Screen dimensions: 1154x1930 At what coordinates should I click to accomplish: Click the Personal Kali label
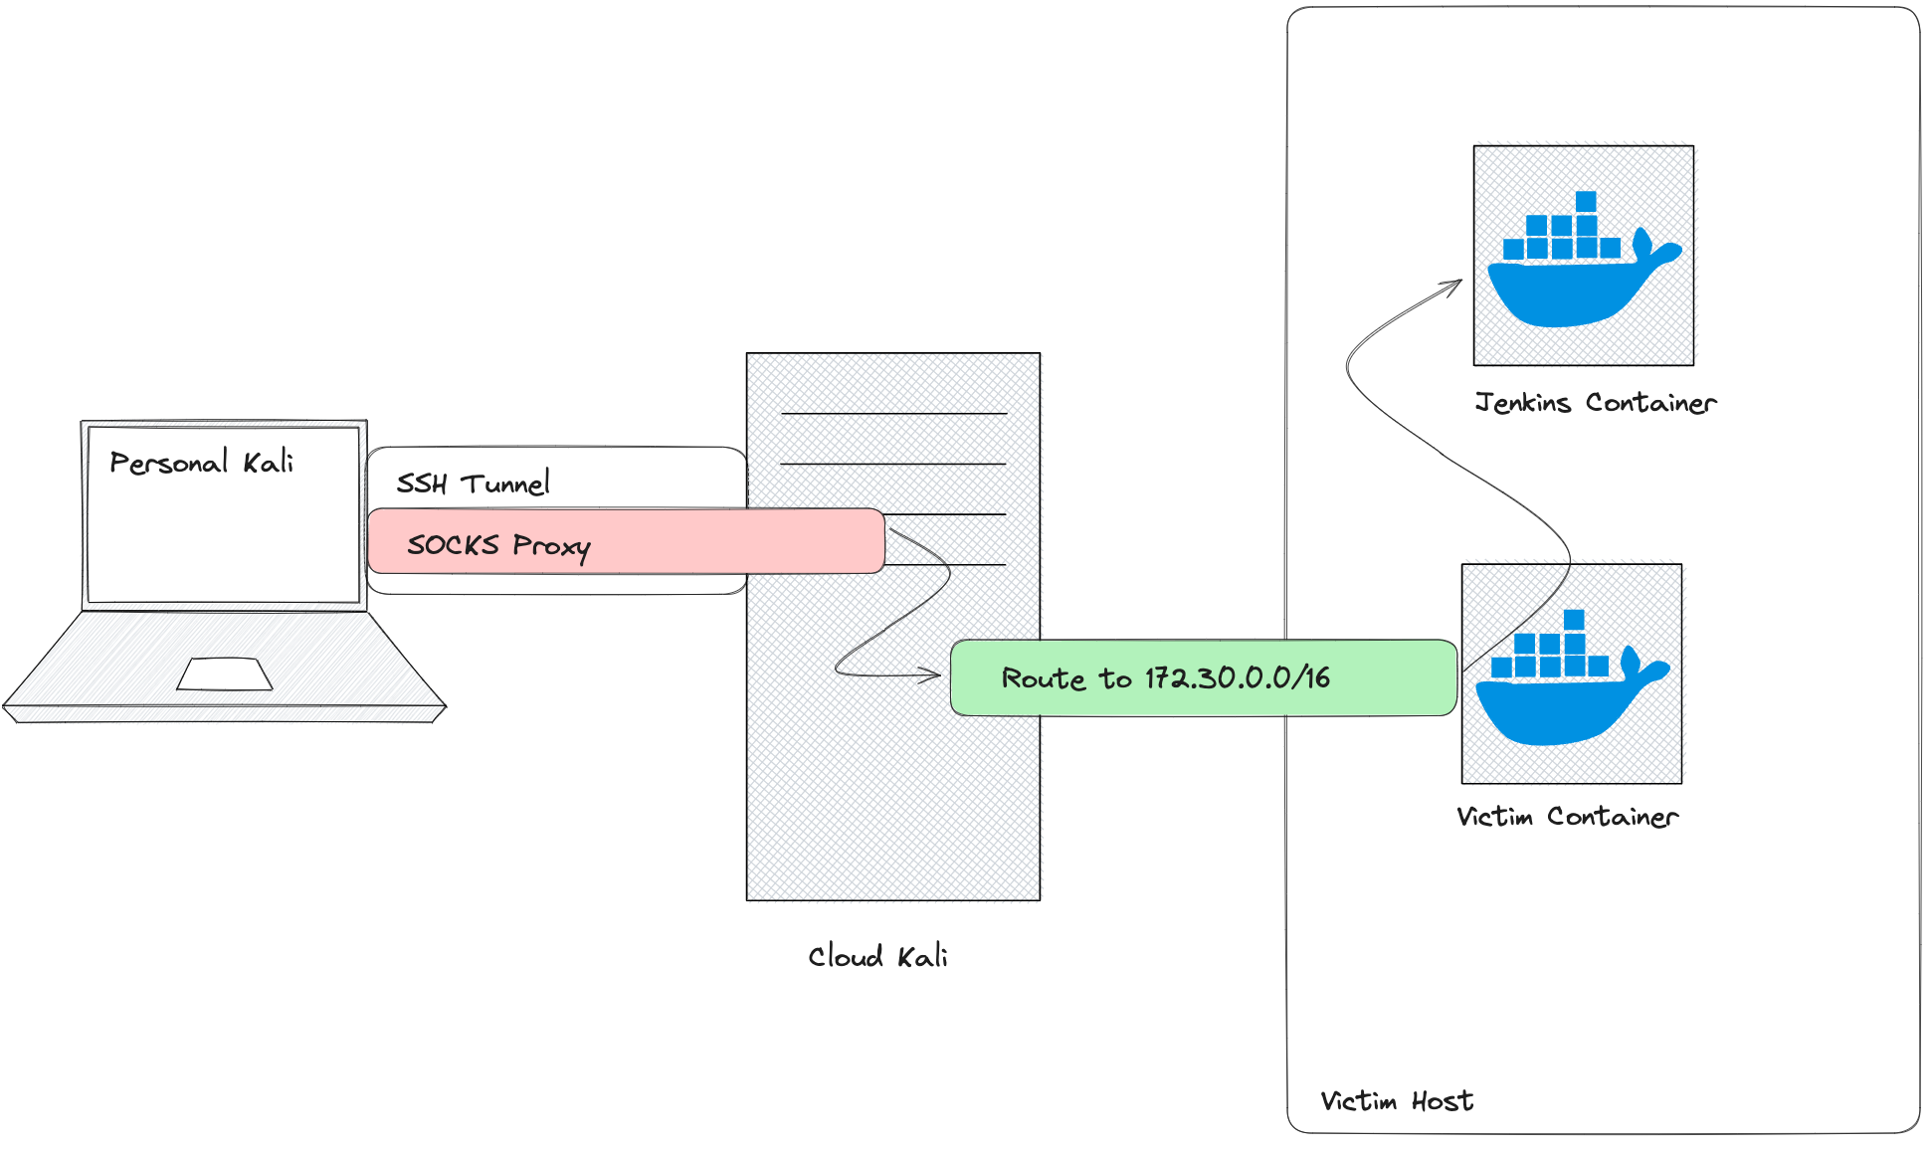[201, 463]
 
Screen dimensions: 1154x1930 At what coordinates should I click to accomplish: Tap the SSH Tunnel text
[473, 483]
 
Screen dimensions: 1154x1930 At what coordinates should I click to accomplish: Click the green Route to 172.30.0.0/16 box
[1204, 677]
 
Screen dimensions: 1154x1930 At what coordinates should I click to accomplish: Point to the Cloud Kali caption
[876, 956]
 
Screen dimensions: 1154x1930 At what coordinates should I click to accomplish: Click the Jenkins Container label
[1596, 403]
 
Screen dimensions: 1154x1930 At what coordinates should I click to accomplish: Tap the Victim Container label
[1567, 817]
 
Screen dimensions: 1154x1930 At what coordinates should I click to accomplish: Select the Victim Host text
[1397, 1101]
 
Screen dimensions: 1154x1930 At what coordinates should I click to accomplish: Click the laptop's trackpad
[225, 673]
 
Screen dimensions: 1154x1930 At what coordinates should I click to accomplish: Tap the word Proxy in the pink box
[551, 545]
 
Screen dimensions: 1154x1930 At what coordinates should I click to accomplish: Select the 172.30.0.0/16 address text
[1237, 677]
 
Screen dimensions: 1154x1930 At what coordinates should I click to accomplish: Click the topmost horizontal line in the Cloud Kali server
[893, 413]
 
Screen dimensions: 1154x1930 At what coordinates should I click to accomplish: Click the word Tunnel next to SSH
[505, 483]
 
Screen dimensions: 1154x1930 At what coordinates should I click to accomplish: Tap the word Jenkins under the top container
[1523, 403]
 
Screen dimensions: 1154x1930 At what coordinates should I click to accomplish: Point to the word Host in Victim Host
[1443, 1101]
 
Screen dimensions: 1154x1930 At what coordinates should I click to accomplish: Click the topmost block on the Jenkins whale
[1586, 201]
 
